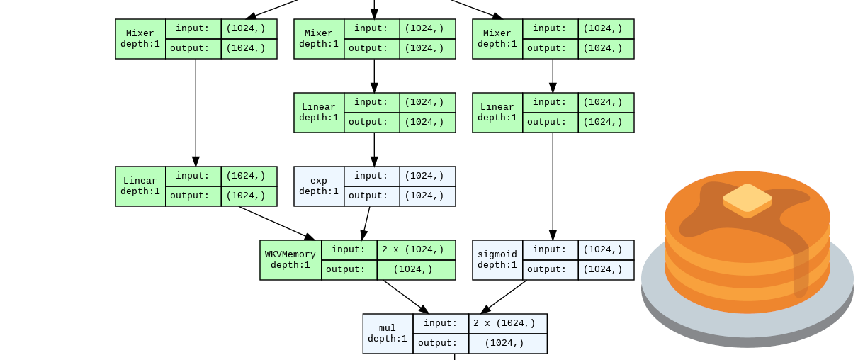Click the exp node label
(319, 186)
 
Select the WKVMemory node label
(290, 260)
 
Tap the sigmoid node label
(497, 260)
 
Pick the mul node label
(388, 334)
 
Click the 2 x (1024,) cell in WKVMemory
(416, 250)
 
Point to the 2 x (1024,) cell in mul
(507, 324)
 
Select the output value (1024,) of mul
(507, 344)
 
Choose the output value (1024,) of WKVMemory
(416, 270)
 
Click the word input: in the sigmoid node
(550, 250)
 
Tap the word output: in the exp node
(371, 196)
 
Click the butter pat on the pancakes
(747, 199)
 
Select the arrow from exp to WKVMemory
(366, 223)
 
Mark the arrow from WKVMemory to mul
(406, 297)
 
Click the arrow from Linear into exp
(374, 150)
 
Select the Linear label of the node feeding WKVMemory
(140, 186)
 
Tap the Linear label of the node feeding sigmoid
(497, 113)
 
